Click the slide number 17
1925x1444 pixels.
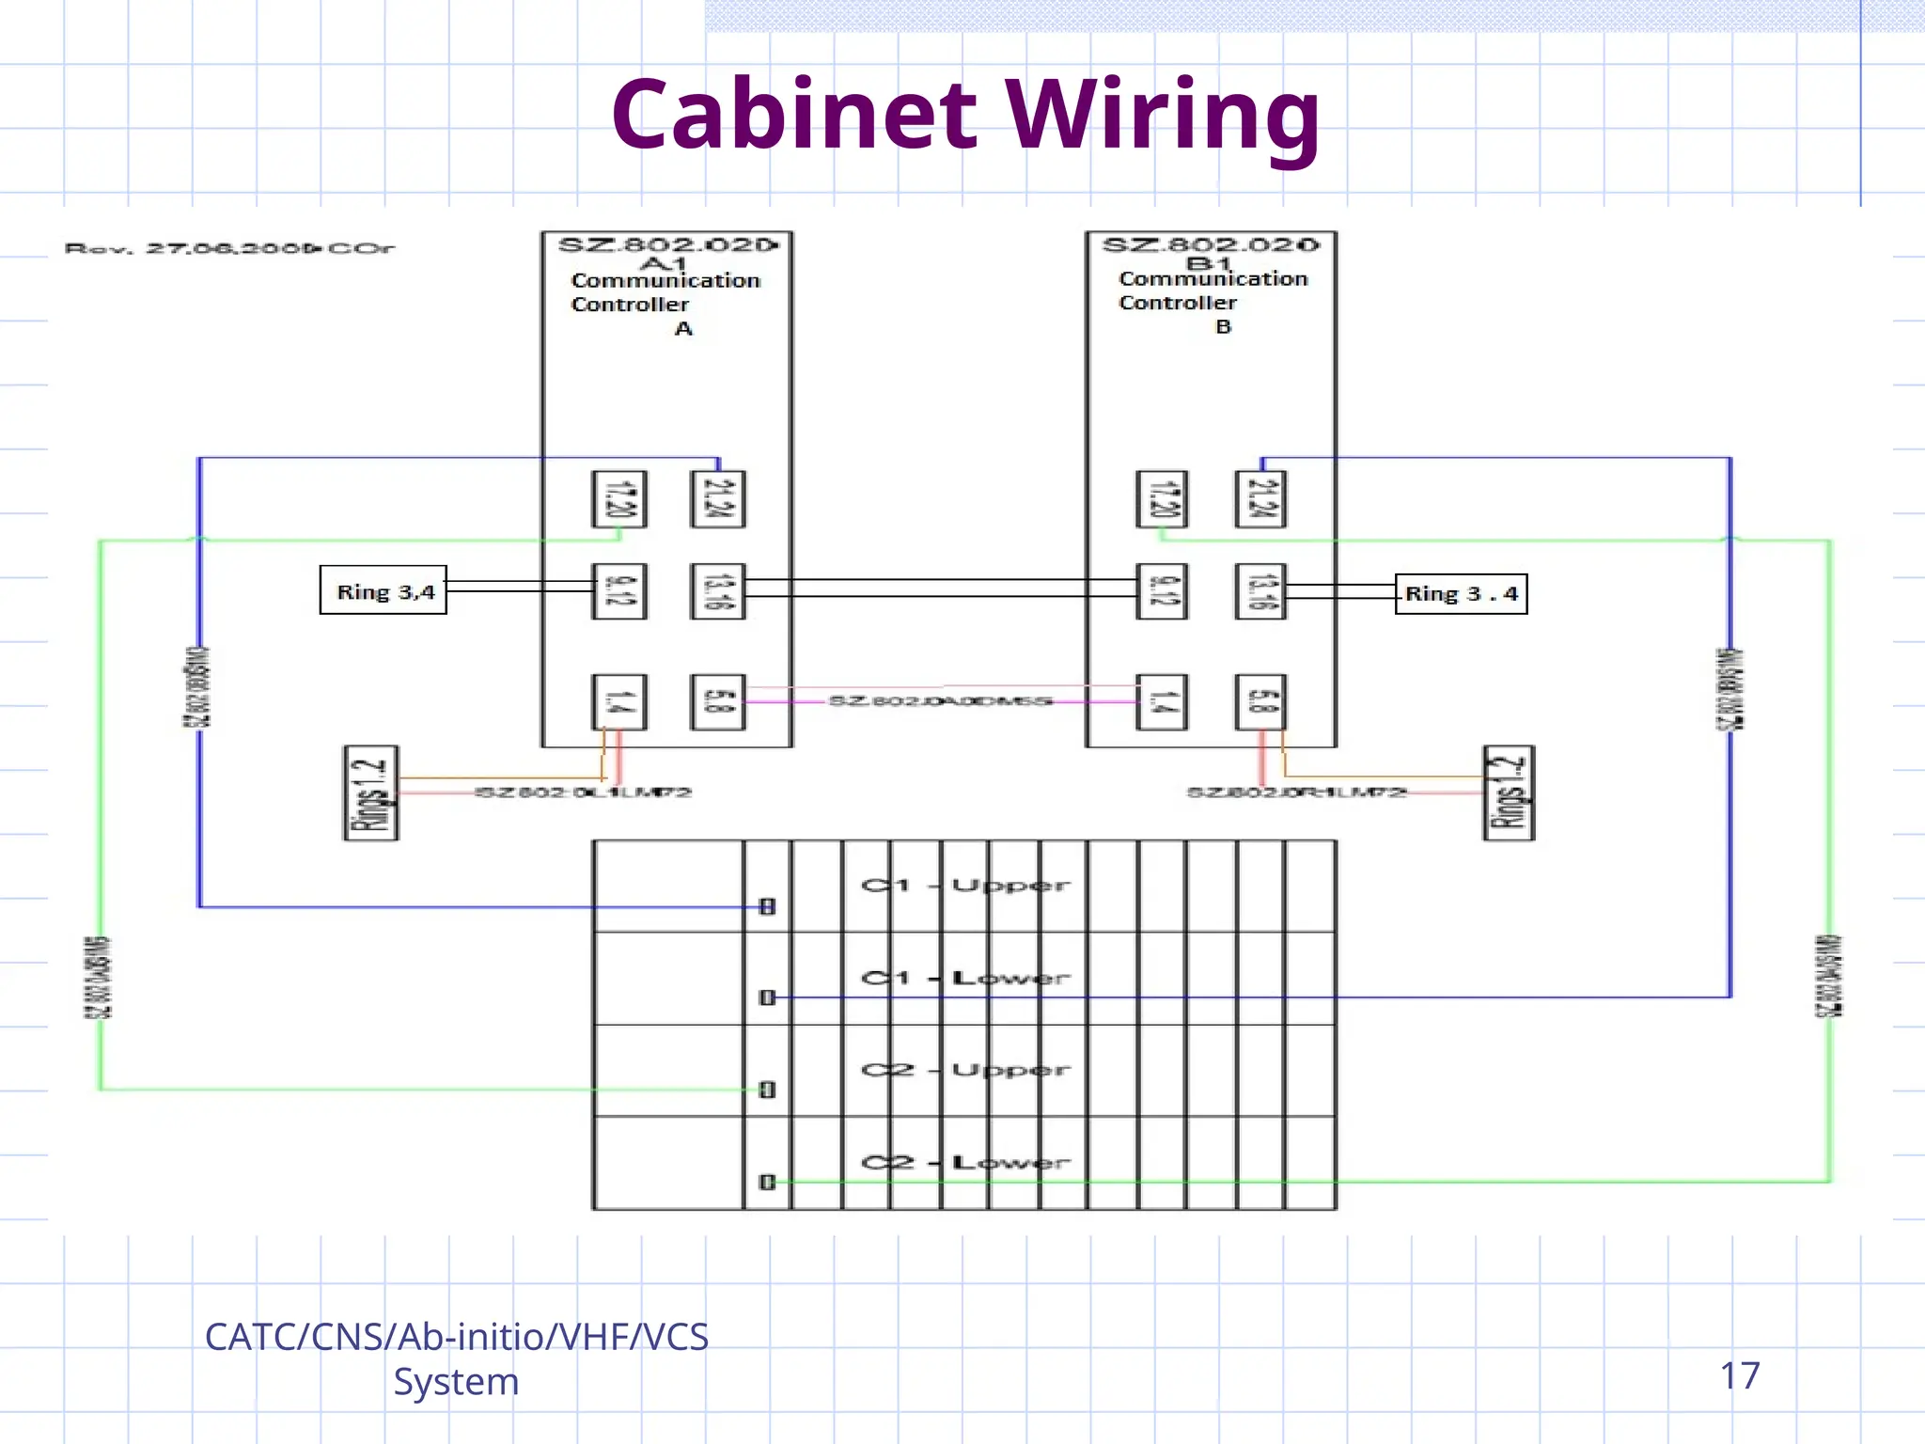coord(1739,1375)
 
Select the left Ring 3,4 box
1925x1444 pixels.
coord(383,591)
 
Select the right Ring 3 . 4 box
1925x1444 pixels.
coord(1461,594)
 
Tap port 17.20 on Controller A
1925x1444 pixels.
coord(618,499)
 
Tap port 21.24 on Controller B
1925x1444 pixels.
coord(1260,499)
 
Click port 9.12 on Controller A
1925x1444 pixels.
coord(618,591)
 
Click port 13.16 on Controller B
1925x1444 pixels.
coord(1260,591)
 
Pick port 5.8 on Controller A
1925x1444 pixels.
coord(718,702)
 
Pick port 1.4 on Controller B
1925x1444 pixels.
coord(1161,702)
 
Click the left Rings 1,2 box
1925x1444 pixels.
coord(371,793)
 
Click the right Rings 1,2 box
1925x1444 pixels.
coord(1509,793)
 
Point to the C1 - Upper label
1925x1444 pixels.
coord(964,886)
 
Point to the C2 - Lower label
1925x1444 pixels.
coord(964,1163)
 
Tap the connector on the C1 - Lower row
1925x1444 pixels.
coord(767,997)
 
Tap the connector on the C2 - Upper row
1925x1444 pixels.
coord(767,1090)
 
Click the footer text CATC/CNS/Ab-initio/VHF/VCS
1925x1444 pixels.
coord(457,1337)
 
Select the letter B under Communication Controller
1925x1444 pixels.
coord(1223,327)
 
